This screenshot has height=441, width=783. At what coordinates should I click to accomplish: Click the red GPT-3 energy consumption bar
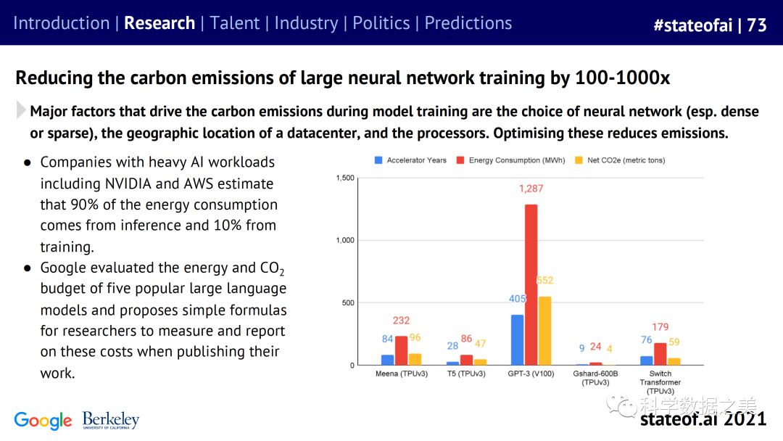click(531, 284)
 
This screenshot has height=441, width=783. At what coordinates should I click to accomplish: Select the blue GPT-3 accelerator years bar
click(518, 339)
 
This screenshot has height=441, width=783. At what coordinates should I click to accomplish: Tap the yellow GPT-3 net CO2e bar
click(544, 331)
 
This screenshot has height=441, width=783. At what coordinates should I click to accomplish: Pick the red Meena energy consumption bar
click(401, 350)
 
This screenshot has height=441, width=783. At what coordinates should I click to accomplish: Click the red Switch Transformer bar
click(660, 354)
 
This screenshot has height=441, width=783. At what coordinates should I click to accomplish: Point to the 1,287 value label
click(531, 189)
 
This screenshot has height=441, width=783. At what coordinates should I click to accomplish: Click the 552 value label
click(544, 281)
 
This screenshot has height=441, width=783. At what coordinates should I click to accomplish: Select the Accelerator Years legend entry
click(410, 160)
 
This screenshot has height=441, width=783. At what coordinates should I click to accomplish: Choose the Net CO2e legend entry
click(620, 160)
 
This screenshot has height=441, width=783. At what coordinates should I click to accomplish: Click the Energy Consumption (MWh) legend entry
click(511, 160)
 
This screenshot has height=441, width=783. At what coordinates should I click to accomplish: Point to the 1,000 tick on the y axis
click(345, 240)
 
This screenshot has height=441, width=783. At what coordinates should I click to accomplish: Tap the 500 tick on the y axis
click(348, 302)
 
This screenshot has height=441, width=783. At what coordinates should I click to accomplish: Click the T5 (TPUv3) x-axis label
click(466, 374)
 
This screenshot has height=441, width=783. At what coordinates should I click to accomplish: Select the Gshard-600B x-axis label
click(595, 378)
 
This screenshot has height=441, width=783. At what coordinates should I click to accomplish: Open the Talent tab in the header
click(235, 23)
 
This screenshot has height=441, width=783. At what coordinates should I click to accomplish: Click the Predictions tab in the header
click(468, 23)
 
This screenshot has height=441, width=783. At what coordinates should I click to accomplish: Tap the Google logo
click(43, 421)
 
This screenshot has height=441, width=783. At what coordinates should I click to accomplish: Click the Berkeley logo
click(110, 420)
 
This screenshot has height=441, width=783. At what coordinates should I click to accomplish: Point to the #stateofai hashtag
click(692, 25)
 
